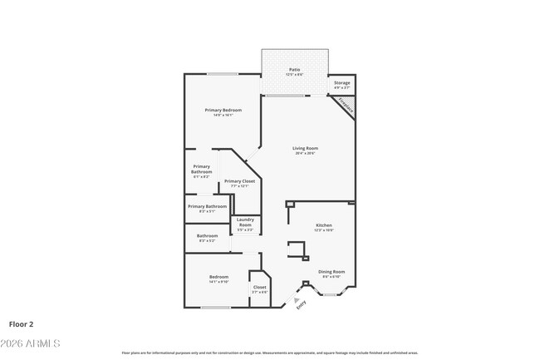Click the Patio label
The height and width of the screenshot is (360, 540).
coord(295,70)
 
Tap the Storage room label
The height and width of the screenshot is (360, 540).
coord(342,83)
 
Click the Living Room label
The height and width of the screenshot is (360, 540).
coord(306,149)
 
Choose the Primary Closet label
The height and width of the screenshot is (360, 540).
coord(239,181)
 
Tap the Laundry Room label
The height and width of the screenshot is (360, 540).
coord(246,222)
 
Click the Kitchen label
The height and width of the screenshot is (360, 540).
coord(324,225)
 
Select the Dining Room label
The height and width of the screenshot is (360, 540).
coord(332,272)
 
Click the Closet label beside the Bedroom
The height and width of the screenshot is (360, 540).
coord(260,287)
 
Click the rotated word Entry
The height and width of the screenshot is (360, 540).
coord(301,305)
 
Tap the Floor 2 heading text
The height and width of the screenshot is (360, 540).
coord(22,324)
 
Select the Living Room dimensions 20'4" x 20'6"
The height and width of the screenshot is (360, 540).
coord(306,154)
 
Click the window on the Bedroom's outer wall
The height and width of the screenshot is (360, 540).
coord(216,308)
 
